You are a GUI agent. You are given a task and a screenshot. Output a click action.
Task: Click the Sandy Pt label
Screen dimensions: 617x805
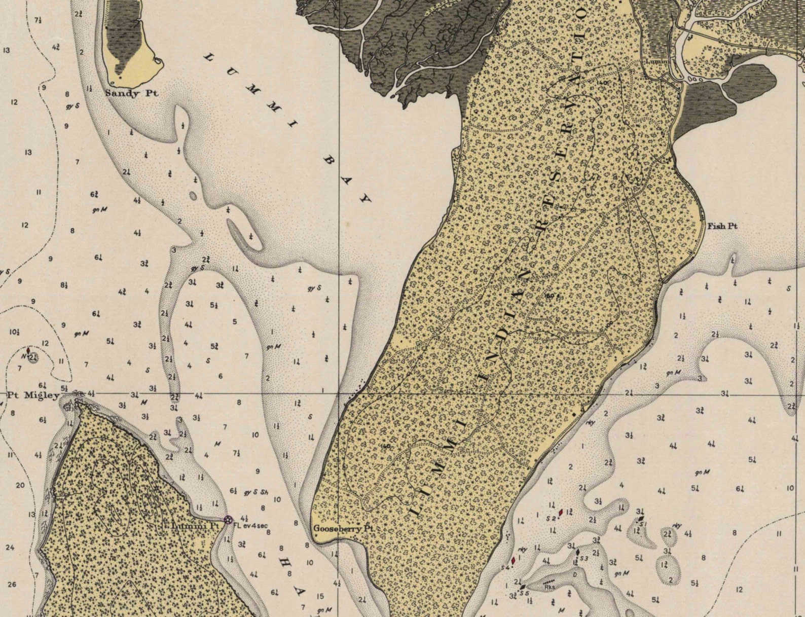131,93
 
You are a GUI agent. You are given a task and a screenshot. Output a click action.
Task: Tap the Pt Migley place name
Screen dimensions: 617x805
33,395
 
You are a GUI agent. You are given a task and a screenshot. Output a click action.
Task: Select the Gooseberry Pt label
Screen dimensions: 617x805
344,528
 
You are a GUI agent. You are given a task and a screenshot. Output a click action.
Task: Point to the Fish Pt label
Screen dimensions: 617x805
722,226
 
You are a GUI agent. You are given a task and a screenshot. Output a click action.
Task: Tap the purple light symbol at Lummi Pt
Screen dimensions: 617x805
228,519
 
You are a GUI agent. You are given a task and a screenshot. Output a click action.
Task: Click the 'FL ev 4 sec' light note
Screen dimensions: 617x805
250,525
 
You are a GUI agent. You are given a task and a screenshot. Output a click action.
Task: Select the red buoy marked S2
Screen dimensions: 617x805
561,513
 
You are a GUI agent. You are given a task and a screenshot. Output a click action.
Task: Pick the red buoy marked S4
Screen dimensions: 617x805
513,561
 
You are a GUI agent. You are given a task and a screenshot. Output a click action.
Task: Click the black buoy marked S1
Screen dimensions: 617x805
641,519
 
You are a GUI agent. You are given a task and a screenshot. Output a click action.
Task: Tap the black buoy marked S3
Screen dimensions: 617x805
577,553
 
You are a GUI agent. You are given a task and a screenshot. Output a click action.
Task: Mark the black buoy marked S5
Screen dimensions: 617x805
523,587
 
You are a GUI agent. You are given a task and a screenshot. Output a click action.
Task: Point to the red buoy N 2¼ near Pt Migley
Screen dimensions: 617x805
28,350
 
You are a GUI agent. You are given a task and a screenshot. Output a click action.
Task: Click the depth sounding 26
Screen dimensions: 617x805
12,584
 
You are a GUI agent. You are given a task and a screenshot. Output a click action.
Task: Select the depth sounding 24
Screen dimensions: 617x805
10,548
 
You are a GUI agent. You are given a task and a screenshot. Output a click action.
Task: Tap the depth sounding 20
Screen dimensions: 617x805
20,485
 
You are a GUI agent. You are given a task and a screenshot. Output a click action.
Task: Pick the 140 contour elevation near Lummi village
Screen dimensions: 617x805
603,82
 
